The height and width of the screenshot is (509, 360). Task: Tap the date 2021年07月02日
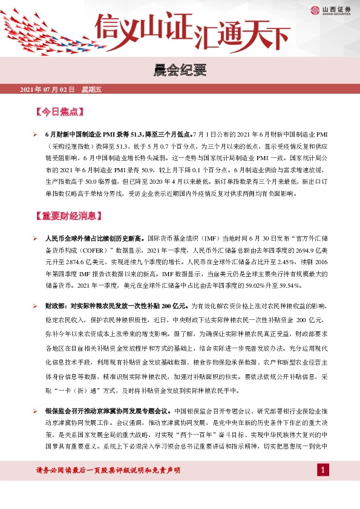point(47,90)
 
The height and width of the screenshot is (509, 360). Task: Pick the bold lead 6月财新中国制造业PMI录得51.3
point(97,134)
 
